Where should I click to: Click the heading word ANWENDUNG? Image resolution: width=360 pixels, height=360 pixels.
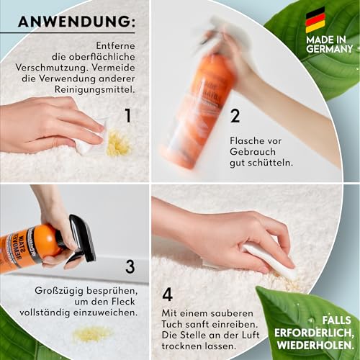pos(76,22)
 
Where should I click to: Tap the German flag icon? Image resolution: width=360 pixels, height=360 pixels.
pos(315,20)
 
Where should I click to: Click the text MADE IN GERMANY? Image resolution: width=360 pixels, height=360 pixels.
pos(330,43)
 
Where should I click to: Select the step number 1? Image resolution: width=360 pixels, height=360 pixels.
pos(127,115)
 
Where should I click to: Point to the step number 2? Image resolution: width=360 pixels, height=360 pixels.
pos(235,116)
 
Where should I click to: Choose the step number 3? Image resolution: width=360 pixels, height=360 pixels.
pos(130,266)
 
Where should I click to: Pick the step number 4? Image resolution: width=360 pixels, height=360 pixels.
pos(168,294)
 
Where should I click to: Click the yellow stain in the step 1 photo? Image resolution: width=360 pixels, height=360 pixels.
pos(117,144)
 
